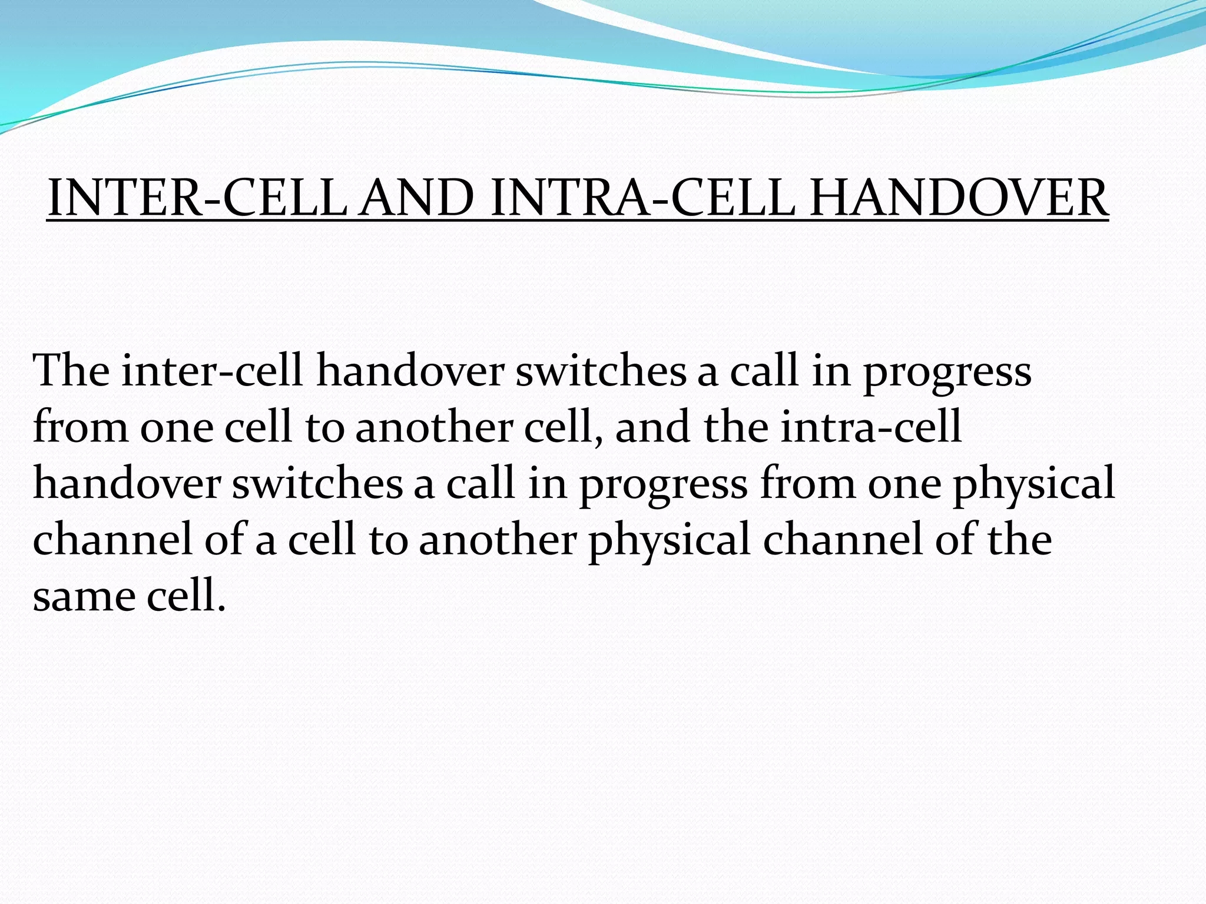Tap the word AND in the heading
(x=417, y=198)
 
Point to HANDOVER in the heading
(x=959, y=198)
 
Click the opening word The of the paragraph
(x=71, y=370)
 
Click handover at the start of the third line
(x=127, y=483)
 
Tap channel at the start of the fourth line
(x=112, y=539)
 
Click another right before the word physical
(x=497, y=539)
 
